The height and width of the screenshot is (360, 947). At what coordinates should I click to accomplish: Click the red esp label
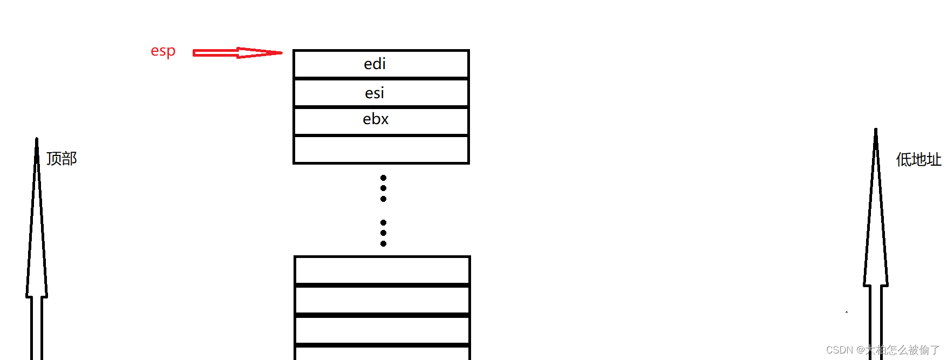pos(163,51)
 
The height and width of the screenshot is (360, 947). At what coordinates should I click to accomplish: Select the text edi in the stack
pos(374,64)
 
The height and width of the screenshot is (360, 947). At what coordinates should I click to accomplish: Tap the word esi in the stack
pos(374,93)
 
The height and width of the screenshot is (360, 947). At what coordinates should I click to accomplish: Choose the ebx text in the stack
pos(376,119)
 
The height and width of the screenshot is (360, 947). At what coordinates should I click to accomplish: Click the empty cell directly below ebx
pos(381,150)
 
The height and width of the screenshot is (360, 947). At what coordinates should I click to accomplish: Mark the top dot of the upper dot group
pos(383,178)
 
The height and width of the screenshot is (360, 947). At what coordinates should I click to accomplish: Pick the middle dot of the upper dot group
pos(383,188)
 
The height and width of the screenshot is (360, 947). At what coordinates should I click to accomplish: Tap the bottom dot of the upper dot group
pos(383,199)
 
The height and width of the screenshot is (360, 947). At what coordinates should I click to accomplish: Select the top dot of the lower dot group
pos(383,222)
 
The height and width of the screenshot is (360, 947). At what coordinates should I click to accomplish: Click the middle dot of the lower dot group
pos(383,233)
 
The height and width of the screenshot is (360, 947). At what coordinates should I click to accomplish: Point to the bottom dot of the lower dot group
pos(383,243)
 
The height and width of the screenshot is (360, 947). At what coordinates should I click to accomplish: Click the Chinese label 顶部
pos(62,159)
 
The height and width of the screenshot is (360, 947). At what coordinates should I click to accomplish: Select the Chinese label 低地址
pos(918,160)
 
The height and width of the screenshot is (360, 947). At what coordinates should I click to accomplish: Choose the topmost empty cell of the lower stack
pos(382,270)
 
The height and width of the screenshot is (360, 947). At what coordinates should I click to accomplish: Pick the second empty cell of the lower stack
pos(382,300)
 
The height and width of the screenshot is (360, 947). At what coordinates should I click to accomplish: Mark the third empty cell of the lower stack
pos(382,330)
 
